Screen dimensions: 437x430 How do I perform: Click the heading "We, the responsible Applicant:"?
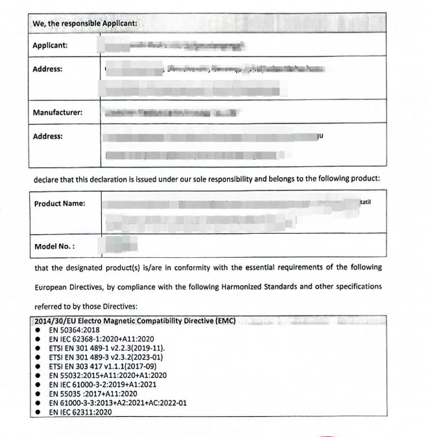84,23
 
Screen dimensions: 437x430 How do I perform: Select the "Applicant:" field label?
50,45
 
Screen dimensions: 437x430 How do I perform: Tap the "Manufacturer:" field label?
57,113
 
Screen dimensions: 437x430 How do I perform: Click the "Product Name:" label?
59,204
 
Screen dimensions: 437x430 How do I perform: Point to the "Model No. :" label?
54,247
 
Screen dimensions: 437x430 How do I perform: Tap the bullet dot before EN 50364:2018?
39,330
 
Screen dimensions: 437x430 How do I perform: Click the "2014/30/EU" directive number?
54,321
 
